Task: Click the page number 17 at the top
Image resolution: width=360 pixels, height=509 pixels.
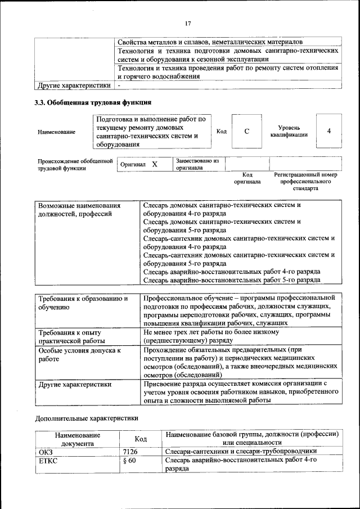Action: click(x=187, y=23)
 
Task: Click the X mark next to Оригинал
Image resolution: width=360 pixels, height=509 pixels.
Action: click(x=154, y=164)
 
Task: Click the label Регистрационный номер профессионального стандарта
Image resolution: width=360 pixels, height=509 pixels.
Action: click(x=305, y=182)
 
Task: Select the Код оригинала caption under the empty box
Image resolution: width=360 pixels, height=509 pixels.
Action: click(x=247, y=178)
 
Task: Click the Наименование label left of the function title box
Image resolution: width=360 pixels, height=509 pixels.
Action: click(x=56, y=132)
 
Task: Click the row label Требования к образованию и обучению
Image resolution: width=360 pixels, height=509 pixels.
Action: click(x=82, y=303)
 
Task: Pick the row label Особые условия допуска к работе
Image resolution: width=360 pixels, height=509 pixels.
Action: click(x=79, y=354)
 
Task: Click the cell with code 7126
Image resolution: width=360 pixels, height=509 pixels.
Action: click(x=130, y=451)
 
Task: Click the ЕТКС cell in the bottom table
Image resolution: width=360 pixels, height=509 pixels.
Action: click(x=48, y=461)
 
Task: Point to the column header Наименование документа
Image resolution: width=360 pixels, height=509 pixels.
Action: click(x=78, y=439)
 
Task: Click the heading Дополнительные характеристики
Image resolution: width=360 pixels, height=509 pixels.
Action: click(x=86, y=418)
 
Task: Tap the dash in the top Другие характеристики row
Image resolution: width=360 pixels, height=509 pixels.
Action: click(x=119, y=85)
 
